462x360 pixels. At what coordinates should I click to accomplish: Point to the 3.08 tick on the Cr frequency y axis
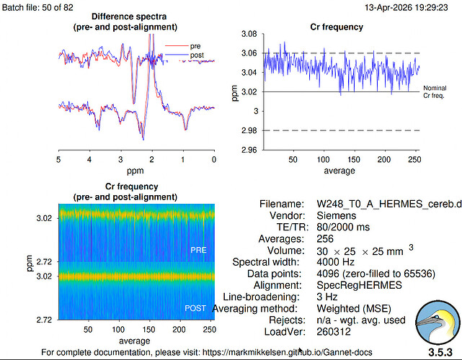click(x=249, y=34)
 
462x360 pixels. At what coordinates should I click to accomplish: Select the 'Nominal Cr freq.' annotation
click(x=435, y=92)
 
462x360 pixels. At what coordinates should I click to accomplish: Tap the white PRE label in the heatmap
click(x=198, y=250)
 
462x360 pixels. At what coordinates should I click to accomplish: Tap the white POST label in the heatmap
click(x=195, y=308)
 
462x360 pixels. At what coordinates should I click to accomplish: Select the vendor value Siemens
click(x=336, y=215)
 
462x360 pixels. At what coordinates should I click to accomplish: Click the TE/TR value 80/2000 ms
click(x=343, y=227)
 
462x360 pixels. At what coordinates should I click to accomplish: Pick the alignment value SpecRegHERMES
click(x=359, y=285)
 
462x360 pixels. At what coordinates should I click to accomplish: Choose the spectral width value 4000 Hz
click(x=336, y=261)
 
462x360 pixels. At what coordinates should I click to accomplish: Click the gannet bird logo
click(x=437, y=323)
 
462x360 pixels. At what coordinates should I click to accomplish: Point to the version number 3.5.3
click(x=440, y=352)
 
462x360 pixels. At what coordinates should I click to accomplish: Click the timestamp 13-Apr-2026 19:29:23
click(x=407, y=7)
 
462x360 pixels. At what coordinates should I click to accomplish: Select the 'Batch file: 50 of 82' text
click(x=37, y=7)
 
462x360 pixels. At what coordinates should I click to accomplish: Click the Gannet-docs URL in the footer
click(x=288, y=352)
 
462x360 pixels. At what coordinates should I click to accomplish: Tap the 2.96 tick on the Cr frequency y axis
click(x=249, y=150)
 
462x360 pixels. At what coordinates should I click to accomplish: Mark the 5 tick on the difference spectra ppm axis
click(x=58, y=160)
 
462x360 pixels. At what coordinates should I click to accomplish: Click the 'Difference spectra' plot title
click(x=129, y=17)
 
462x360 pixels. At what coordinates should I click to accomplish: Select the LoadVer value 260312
click(x=334, y=332)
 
